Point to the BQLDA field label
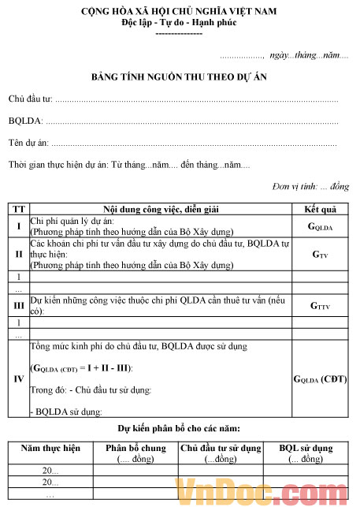(26, 121)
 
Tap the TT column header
(17, 209)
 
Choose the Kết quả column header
(320, 209)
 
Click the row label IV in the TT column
(17, 378)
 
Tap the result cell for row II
(320, 255)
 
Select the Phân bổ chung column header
(135, 453)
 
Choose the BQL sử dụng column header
(306, 453)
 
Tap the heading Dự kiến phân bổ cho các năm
(179, 428)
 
